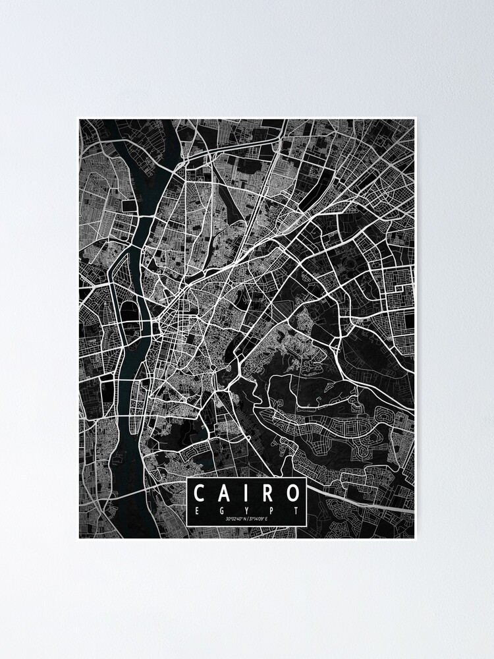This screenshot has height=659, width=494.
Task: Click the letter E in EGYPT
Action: tap(198, 510)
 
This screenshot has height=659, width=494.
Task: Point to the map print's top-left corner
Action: tap(79, 119)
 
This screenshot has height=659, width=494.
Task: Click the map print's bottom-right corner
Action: tap(415, 538)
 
